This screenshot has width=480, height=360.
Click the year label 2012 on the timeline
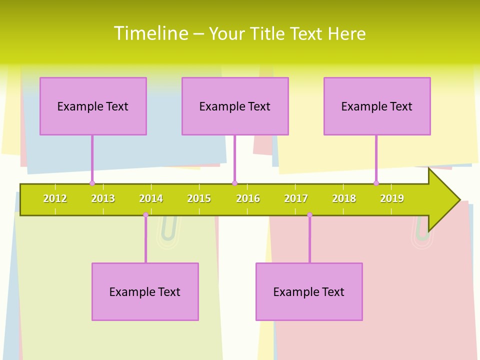(55, 199)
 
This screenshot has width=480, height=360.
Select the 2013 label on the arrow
(103, 199)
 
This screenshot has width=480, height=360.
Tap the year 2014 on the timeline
(151, 199)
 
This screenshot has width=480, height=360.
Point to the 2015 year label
(199, 199)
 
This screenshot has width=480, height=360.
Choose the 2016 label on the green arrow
(248, 199)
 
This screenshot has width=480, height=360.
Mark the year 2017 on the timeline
(296, 199)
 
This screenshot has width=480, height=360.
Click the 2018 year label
(344, 199)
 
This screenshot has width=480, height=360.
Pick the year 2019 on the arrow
(392, 199)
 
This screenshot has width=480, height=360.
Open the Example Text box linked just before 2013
(93, 106)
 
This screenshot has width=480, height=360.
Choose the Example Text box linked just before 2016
(235, 106)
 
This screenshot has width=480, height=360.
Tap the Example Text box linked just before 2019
(377, 106)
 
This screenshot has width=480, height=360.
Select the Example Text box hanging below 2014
(145, 291)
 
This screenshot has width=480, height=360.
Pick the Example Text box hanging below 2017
(309, 291)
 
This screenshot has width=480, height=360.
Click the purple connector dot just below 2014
(145, 215)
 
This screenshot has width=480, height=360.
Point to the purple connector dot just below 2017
(309, 215)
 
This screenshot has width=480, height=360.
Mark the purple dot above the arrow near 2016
(234, 183)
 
